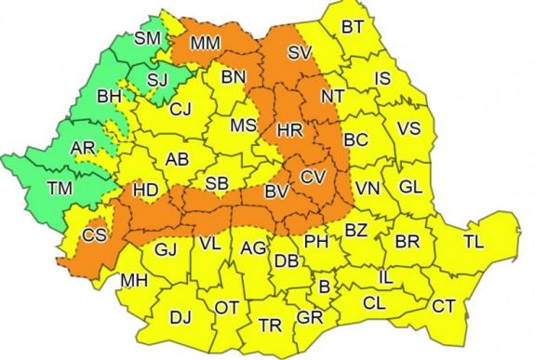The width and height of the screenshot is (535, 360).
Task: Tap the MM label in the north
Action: (x=206, y=43)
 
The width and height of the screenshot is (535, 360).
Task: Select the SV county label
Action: (x=299, y=53)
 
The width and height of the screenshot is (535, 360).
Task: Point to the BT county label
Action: (x=352, y=27)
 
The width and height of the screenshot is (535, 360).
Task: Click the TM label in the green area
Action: (x=60, y=189)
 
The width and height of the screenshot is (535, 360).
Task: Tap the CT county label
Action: (x=445, y=305)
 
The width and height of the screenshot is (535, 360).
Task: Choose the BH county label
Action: (x=110, y=96)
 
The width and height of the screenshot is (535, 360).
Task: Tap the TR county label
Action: (x=271, y=326)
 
